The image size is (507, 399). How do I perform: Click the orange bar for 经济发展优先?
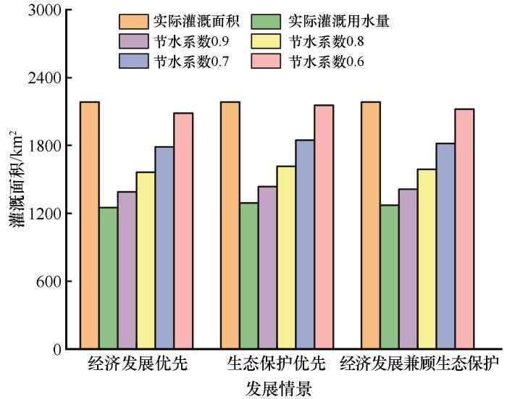pyautogui.click(x=90, y=225)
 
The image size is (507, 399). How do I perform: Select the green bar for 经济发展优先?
pyautogui.click(x=109, y=278)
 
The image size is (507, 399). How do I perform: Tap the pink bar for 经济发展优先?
pyautogui.click(x=183, y=231)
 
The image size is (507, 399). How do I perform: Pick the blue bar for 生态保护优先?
pyautogui.click(x=305, y=244)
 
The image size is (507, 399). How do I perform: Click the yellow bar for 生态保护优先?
pyautogui.click(x=286, y=257)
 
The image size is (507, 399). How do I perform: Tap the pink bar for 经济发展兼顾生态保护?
pyautogui.click(x=464, y=229)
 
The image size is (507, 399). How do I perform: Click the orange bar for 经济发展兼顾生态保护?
pyautogui.click(x=370, y=225)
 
